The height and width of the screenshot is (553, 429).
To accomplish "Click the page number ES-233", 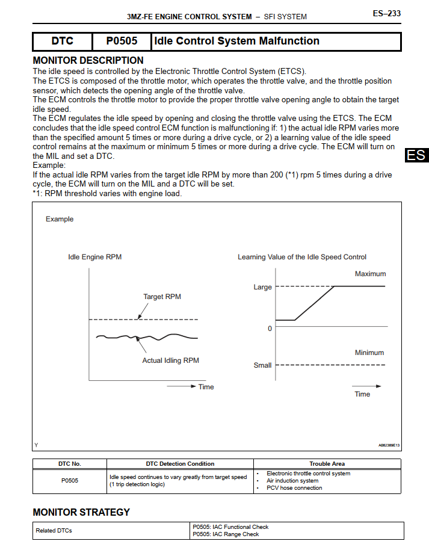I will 386,13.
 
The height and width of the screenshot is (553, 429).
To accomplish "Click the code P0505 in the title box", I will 122,42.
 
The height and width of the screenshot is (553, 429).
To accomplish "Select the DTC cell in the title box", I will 62,42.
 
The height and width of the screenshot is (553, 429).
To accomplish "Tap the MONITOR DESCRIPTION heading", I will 88,60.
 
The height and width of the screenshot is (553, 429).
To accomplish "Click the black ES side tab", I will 416,155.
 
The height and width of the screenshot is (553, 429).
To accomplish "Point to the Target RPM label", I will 162,297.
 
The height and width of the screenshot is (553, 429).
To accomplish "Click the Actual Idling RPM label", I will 170,360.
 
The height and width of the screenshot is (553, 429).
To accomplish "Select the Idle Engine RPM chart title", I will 94,257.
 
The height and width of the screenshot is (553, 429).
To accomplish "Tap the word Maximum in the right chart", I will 370,274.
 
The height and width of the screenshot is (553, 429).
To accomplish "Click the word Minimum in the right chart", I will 369,353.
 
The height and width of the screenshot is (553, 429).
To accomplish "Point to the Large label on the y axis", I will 262,287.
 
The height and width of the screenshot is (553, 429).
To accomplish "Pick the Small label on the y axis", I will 262,365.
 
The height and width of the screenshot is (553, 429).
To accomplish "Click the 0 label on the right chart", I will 270,329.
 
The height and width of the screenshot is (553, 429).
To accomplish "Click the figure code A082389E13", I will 389,445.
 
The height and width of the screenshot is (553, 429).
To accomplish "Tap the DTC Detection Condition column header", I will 180,464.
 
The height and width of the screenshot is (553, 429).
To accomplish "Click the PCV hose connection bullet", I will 294,488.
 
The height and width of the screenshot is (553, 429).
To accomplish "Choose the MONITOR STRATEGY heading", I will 81,513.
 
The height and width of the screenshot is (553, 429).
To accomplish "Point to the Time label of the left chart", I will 206,387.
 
